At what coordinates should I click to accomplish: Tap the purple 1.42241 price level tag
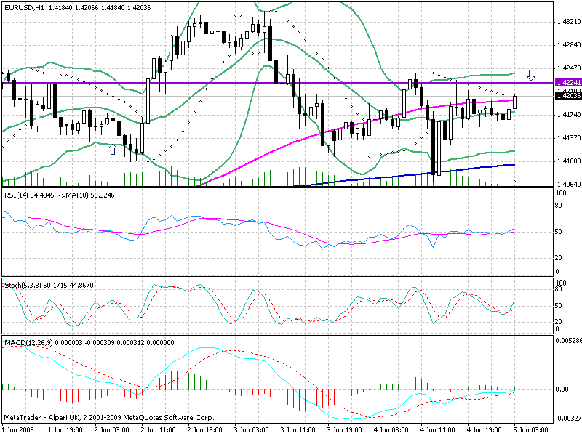[567, 83]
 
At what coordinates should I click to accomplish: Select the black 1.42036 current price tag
[567, 95]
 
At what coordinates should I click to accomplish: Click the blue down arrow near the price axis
[531, 74]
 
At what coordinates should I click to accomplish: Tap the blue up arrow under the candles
[112, 149]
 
